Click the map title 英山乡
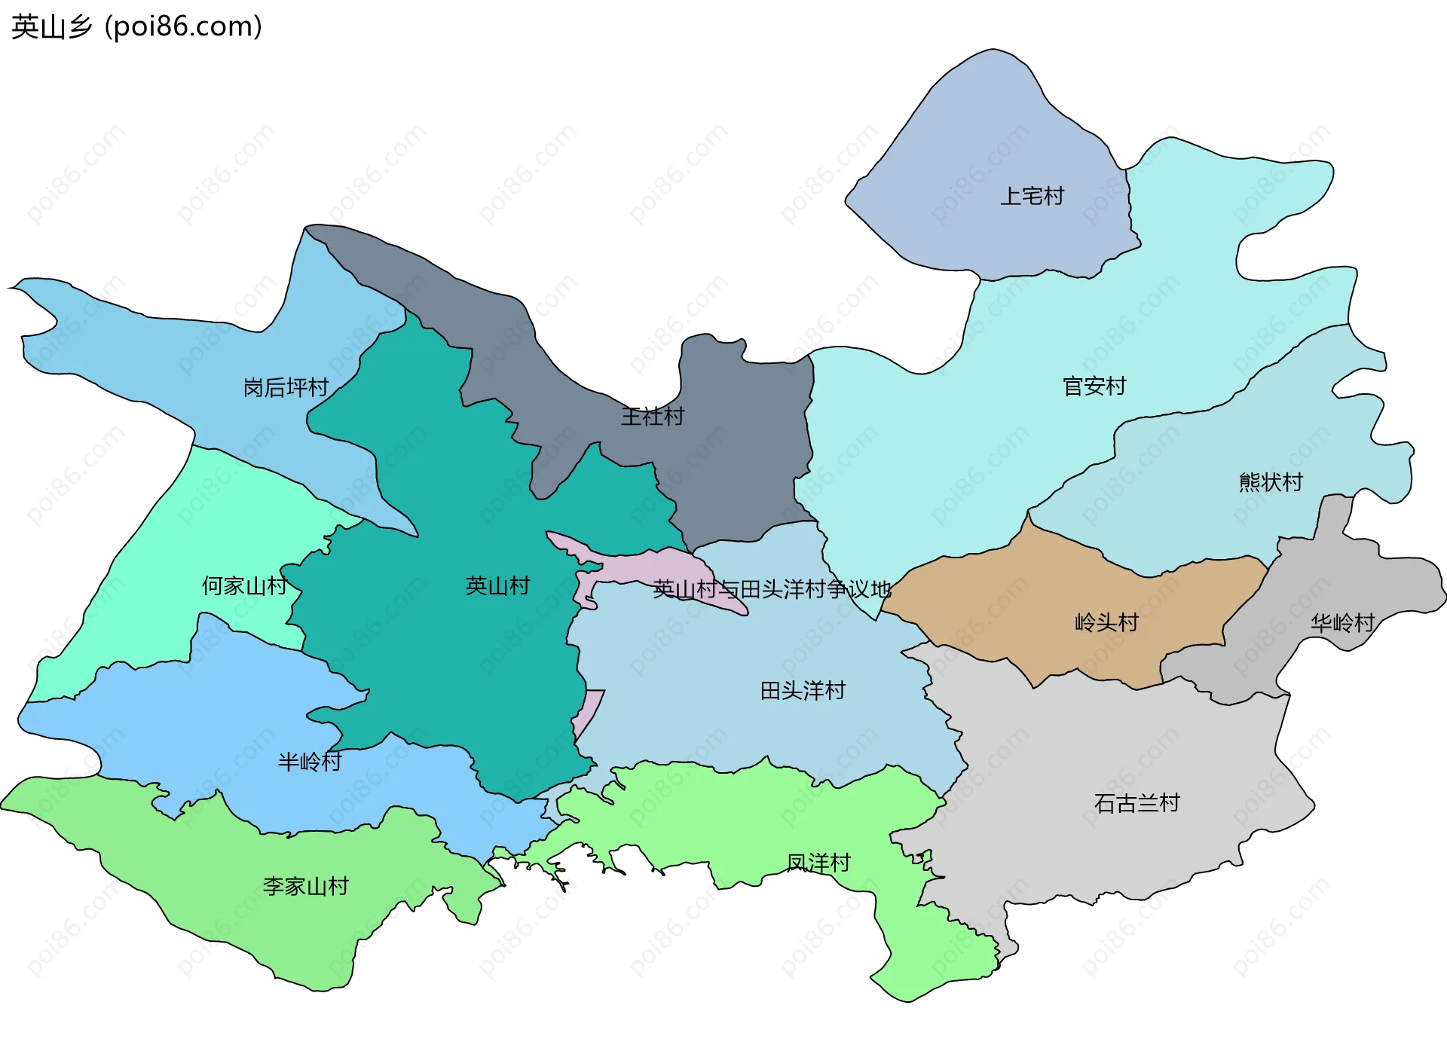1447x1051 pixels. [51, 27]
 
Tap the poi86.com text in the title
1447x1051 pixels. [183, 27]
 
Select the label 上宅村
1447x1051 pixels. [1031, 197]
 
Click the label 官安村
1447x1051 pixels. [1094, 386]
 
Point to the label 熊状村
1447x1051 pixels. [1271, 482]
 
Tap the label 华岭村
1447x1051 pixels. [1342, 623]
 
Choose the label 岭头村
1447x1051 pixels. [1106, 623]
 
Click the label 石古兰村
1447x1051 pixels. [1136, 803]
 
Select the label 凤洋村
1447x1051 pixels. [818, 863]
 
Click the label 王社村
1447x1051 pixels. [652, 417]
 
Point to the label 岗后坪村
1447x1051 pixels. [286, 388]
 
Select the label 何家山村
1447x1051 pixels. [244, 586]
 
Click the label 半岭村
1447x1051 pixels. [309, 762]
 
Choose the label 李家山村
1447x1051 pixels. [305, 886]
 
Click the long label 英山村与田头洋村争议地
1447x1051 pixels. [771, 589]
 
